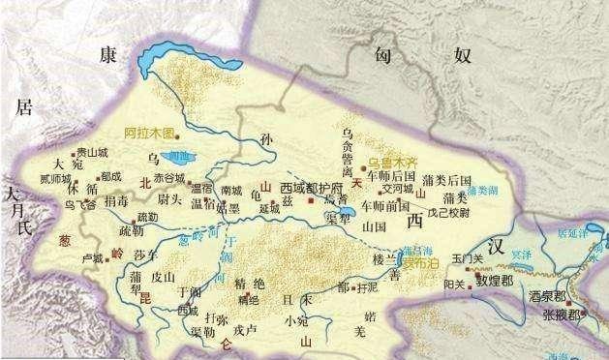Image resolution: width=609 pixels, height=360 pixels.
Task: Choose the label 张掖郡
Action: pos(562,315)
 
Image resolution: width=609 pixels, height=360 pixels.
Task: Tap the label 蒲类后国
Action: pos(446,180)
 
